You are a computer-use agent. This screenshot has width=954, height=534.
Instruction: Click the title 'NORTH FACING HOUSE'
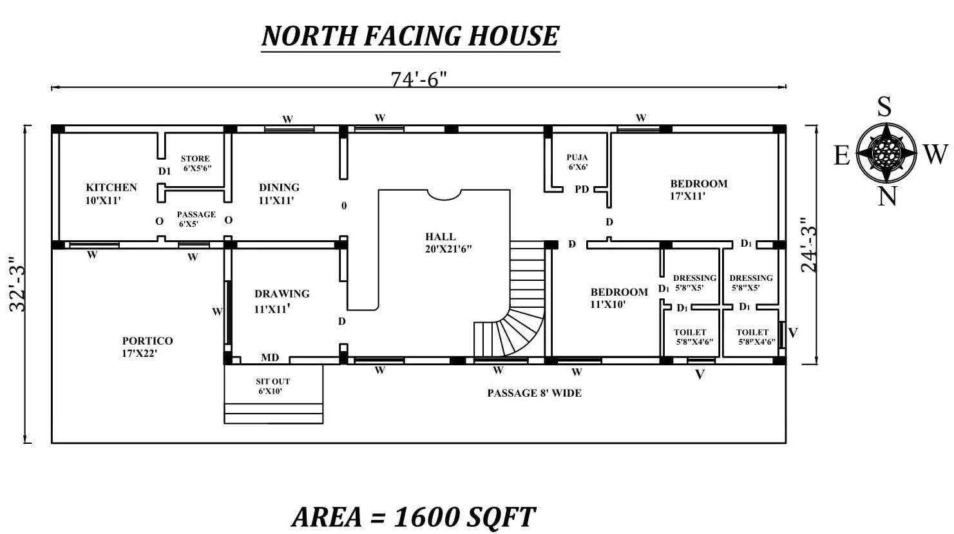click(410, 36)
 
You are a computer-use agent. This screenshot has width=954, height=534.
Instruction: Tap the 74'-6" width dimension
click(419, 79)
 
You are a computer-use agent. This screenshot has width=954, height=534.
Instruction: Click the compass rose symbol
click(886, 153)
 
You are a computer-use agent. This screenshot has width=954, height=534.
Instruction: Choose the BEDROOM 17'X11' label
click(698, 189)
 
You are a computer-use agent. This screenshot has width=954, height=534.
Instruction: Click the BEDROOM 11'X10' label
click(618, 298)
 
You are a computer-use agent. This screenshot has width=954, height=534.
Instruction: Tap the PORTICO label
click(148, 347)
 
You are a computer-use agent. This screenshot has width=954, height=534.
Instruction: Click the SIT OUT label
click(272, 386)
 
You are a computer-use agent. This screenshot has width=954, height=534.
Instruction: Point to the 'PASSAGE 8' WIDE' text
click(534, 393)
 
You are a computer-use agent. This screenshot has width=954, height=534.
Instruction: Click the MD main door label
click(270, 358)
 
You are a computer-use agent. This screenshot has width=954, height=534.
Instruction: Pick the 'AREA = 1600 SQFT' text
click(413, 517)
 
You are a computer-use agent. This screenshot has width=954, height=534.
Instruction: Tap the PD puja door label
click(582, 189)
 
